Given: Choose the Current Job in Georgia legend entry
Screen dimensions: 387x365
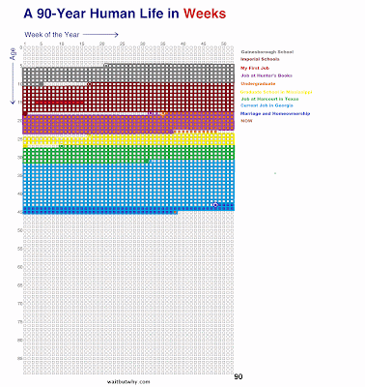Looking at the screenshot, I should tap(271, 111).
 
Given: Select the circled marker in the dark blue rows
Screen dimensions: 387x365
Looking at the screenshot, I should tap(215, 204).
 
